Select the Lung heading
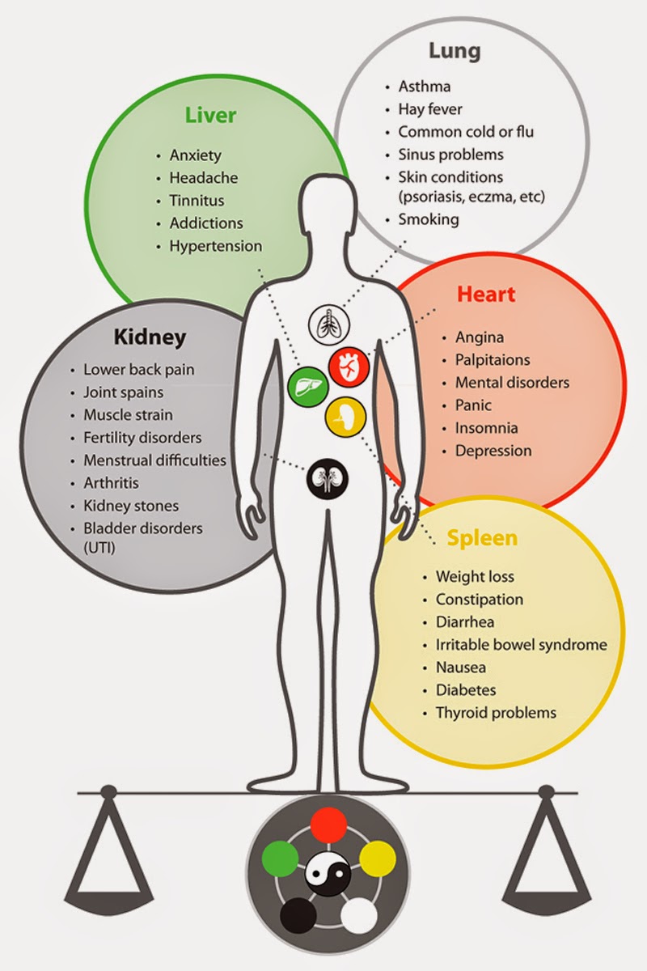pyautogui.click(x=454, y=52)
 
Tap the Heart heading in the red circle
pyautogui.click(x=485, y=293)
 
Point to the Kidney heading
pyautogui.click(x=150, y=336)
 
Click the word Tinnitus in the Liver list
pyautogui.click(x=197, y=201)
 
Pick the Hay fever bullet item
pyautogui.click(x=430, y=108)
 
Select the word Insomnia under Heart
pyautogui.click(x=486, y=428)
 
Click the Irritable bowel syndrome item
pyautogui.click(x=521, y=645)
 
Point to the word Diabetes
pyautogui.click(x=466, y=690)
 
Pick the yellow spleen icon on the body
pyautogui.click(x=345, y=416)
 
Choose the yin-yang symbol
pyautogui.click(x=328, y=874)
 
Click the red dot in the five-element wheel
pyautogui.click(x=328, y=825)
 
